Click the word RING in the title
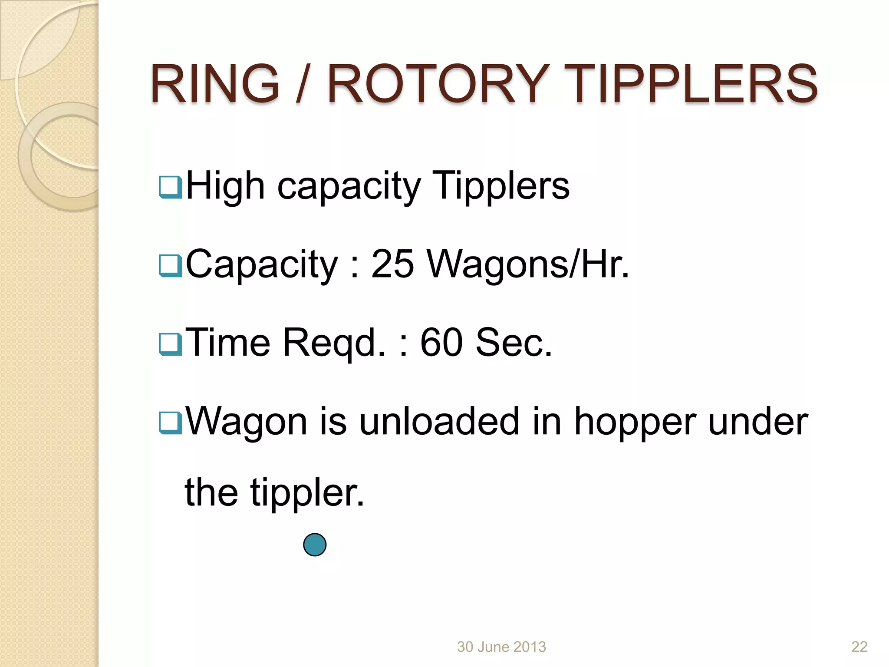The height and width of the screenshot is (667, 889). pos(215,83)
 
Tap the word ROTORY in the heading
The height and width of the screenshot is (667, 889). pos(438,83)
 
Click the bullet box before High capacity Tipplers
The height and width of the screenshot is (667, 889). pos(170,187)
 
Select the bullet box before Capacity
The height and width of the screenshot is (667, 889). pos(170,265)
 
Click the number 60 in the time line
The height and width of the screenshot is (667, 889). pos(441,343)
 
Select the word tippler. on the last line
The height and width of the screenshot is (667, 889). pos(307,493)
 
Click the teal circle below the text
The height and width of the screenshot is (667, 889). pos(315,545)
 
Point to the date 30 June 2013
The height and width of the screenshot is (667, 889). pos(501,647)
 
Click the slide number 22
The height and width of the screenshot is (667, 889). pos(859,647)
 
